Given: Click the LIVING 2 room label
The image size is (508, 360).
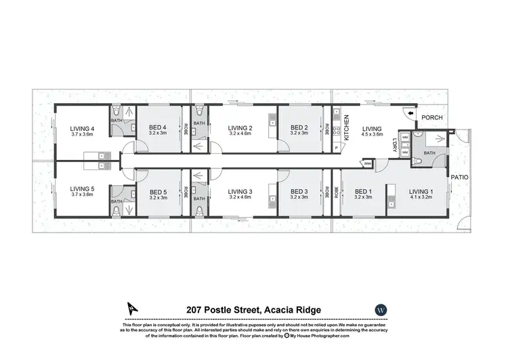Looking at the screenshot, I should (x=240, y=128).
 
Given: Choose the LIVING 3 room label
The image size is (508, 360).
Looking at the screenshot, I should (x=240, y=192).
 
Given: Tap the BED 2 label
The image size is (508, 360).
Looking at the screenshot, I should (x=299, y=128).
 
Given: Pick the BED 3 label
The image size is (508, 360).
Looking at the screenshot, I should (x=299, y=192).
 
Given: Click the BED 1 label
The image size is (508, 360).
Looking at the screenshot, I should (x=364, y=192).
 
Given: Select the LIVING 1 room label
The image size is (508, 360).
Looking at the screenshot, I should (x=421, y=192).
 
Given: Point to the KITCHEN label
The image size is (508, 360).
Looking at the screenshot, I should (x=346, y=127).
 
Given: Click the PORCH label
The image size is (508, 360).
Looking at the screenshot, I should (x=432, y=117).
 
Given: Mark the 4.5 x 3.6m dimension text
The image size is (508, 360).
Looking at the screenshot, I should (x=372, y=134).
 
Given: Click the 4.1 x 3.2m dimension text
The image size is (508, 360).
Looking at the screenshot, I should (x=421, y=198).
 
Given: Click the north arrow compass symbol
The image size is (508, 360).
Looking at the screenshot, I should (x=129, y=308).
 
